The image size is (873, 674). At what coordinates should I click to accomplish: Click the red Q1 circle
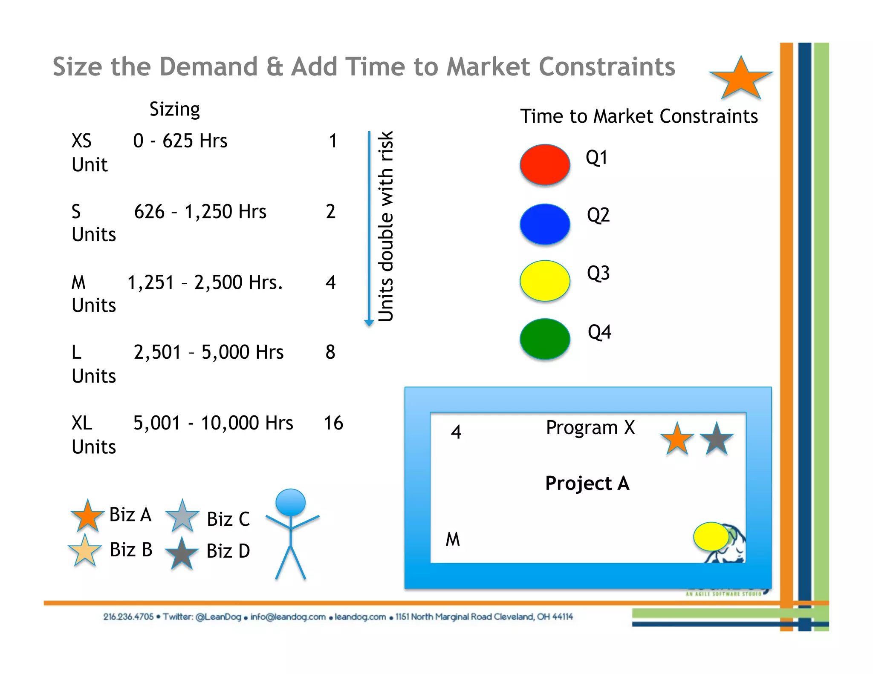tap(545, 164)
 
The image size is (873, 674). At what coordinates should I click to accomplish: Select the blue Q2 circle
tap(545, 224)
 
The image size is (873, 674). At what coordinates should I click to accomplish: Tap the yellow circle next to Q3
tap(545, 281)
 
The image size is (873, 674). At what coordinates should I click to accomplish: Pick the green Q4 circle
tap(545, 339)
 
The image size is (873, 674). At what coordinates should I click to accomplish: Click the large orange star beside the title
tap(741, 79)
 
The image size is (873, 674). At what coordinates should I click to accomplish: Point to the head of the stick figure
tap(290, 502)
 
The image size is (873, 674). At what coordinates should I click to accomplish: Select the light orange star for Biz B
tap(85, 551)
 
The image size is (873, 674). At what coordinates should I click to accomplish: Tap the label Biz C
tap(228, 519)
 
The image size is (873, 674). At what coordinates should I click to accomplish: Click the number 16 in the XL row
tap(333, 423)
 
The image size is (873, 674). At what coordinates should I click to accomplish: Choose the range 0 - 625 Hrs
tap(180, 141)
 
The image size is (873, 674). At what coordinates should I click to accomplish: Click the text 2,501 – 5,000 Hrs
tap(208, 352)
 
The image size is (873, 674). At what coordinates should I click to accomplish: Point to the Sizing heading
tap(174, 109)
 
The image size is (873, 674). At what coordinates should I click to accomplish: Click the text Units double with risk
tap(386, 226)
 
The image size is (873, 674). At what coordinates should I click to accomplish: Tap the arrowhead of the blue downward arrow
tap(369, 323)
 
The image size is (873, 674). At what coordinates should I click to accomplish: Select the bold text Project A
tap(587, 484)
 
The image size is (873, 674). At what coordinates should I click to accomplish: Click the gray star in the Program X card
tap(716, 439)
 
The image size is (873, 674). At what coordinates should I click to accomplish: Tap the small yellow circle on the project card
tap(711, 536)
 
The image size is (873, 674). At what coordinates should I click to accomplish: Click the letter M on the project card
tap(453, 539)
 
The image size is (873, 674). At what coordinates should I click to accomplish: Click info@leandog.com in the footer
tap(288, 617)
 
